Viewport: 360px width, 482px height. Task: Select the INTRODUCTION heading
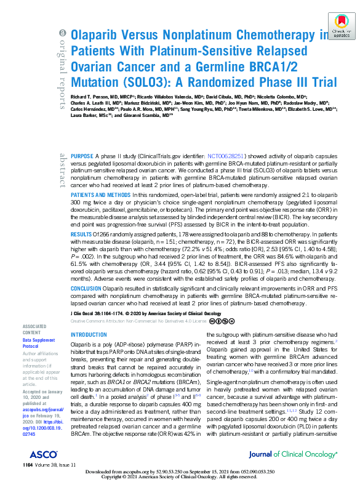(89, 335)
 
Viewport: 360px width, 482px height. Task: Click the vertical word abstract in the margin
(62, 171)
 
